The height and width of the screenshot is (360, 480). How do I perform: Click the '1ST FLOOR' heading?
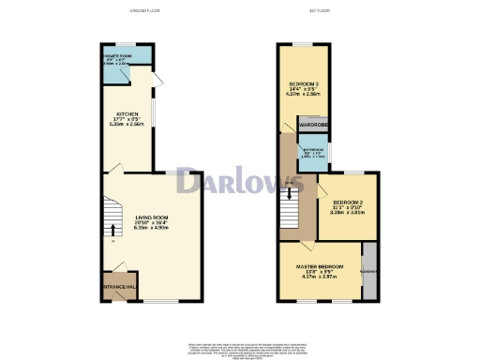tap(319, 12)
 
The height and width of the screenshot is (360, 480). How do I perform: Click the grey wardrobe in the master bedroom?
tap(369, 272)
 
